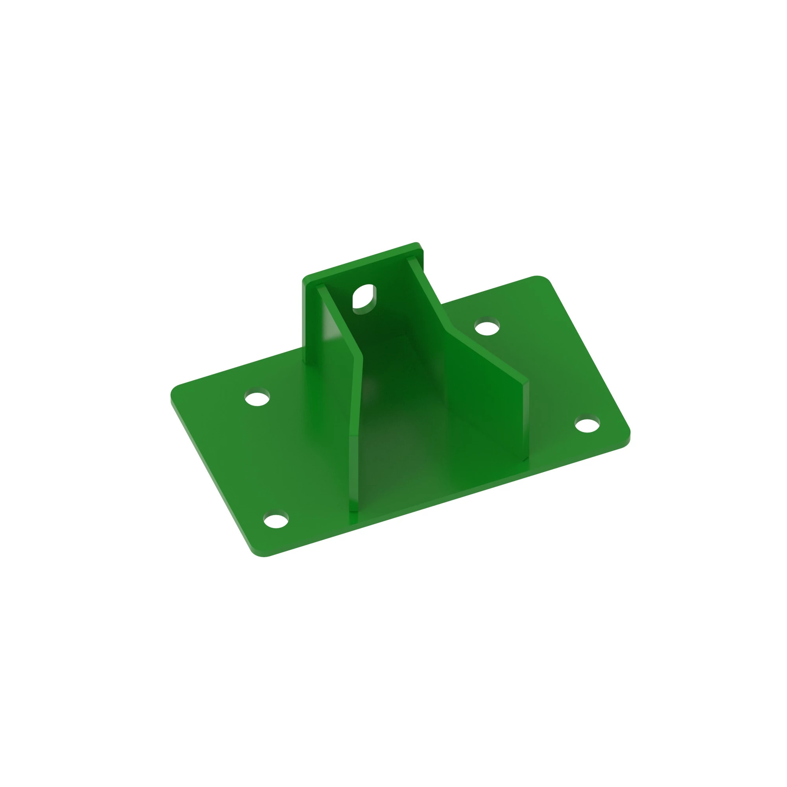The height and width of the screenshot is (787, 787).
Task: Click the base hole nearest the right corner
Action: point(587,425)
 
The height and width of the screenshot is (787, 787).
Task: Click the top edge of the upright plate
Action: point(362,261)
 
